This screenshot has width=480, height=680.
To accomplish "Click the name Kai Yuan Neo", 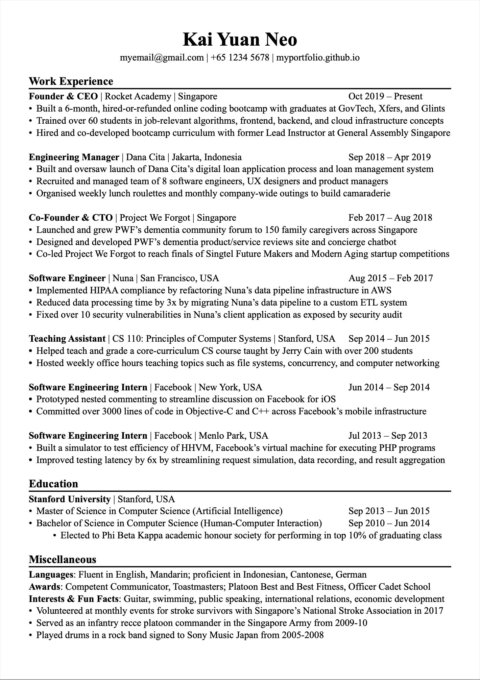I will pos(240,40).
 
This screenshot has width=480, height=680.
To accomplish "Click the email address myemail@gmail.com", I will pos(162,58).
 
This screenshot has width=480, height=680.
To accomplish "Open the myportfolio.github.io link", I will pos(318,58).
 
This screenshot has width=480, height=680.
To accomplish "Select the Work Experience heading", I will pos(71,81).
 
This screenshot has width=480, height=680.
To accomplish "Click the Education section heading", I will pos(53,484).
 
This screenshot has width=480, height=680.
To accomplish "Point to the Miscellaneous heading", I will pos(63,559).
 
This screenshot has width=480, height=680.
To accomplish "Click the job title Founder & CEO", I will pos(63,97).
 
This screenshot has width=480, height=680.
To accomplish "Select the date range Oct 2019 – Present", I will pos(385,97).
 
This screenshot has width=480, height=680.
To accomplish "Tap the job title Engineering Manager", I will pos(74,157).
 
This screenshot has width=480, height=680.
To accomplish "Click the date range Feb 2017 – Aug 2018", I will pos(390,218).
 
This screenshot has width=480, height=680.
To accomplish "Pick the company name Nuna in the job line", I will pos(123,278).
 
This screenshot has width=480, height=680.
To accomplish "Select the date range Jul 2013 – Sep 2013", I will pos(388,436).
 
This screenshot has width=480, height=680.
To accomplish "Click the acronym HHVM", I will pos(196,448).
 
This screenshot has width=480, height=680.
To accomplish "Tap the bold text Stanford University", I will pos(70,499).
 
